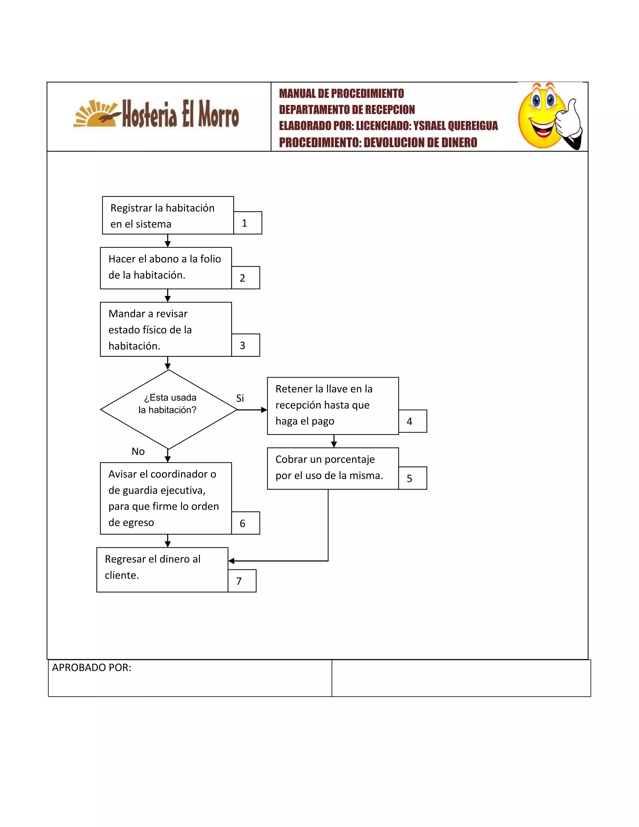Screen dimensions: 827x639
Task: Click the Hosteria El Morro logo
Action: pyautogui.click(x=156, y=114)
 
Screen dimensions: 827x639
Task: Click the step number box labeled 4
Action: pyautogui.click(x=412, y=421)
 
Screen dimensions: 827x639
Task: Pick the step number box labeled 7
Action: pyautogui.click(x=242, y=580)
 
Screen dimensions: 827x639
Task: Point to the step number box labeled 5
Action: pyautogui.click(x=412, y=478)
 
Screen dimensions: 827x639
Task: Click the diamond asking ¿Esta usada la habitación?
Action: pyautogui.click(x=168, y=409)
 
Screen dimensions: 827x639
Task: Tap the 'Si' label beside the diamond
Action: pyautogui.click(x=240, y=398)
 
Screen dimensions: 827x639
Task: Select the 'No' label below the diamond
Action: pyautogui.click(x=138, y=451)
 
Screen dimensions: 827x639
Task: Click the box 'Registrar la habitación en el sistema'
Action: pyautogui.click(x=168, y=215)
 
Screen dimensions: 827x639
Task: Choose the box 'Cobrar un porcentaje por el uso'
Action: pyautogui.click(x=332, y=468)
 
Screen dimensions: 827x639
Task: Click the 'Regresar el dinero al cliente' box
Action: pyautogui.click(x=162, y=570)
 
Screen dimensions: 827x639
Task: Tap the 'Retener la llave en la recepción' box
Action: pyautogui.click(x=332, y=406)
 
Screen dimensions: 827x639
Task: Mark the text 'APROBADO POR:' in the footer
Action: pyautogui.click(x=92, y=668)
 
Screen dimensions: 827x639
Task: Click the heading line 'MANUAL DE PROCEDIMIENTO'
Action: pyautogui.click(x=341, y=94)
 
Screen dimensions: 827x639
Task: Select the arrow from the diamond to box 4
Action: pyautogui.click(x=252, y=410)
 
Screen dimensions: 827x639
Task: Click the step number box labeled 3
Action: pyautogui.click(x=245, y=345)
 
